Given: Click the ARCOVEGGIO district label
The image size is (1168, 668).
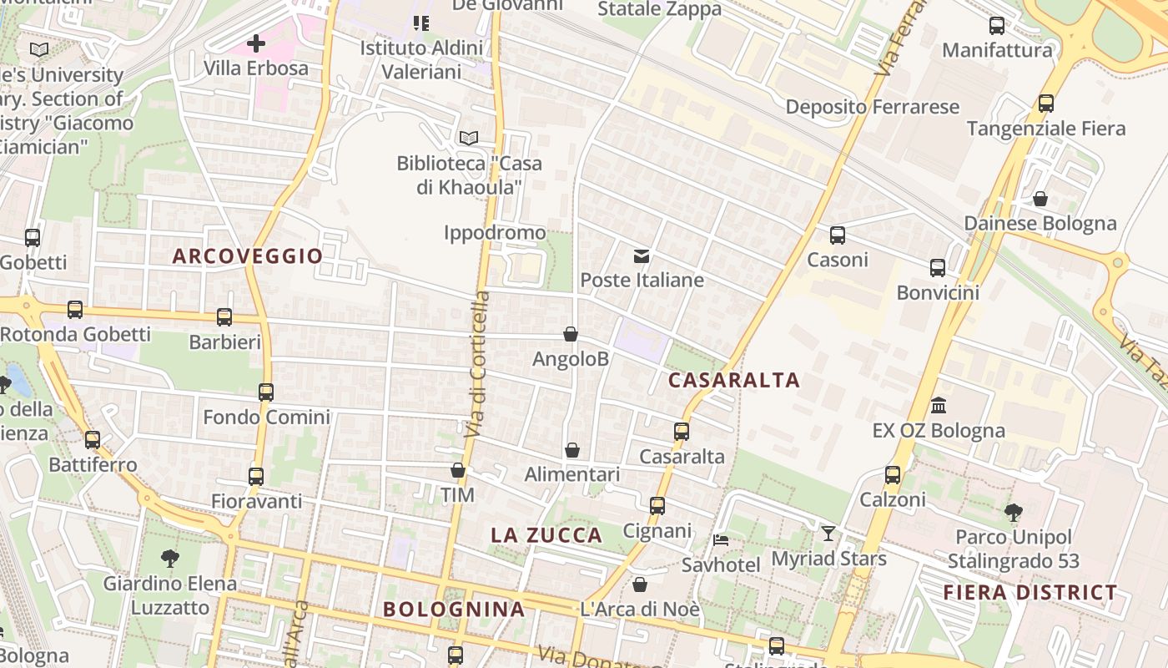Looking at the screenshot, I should (x=248, y=256).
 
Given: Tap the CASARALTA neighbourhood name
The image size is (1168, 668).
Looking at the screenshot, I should (x=734, y=381).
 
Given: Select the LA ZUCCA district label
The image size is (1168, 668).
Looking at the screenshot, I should (x=546, y=536).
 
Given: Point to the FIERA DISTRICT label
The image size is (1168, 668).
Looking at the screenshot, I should (x=1030, y=593).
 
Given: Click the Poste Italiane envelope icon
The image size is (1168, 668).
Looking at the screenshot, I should (x=642, y=256).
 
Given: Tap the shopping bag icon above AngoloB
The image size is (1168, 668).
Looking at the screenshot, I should (x=571, y=334).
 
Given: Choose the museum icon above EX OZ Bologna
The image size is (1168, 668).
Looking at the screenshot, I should (x=939, y=406).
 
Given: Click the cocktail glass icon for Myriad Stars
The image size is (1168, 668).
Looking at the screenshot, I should (x=828, y=534).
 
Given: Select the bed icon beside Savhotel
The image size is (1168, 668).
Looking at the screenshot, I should (x=721, y=540).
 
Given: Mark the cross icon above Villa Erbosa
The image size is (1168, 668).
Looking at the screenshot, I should (x=256, y=43).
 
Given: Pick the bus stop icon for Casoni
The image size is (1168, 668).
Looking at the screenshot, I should (x=838, y=235).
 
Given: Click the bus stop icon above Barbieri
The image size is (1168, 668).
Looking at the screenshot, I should (x=224, y=317).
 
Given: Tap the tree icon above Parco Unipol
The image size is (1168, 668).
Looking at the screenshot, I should (x=1014, y=512).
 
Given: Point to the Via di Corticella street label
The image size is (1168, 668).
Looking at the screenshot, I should (x=476, y=365).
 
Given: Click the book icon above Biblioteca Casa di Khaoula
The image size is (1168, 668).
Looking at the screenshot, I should (x=469, y=138).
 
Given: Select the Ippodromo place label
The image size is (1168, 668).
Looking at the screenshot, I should (x=495, y=232).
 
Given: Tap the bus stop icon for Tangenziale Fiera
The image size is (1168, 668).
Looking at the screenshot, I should (x=1046, y=104).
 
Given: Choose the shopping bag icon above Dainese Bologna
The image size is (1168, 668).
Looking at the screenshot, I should (x=1040, y=199).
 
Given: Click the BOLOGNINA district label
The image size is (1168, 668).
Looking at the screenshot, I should (x=454, y=610).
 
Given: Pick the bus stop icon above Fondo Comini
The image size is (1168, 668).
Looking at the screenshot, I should (x=266, y=392).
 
